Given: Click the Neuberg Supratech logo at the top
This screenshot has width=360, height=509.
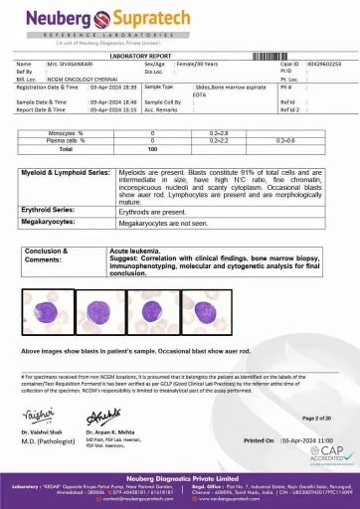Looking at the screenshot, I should click(179, 21).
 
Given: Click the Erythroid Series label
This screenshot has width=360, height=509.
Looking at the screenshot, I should click(51, 212).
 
